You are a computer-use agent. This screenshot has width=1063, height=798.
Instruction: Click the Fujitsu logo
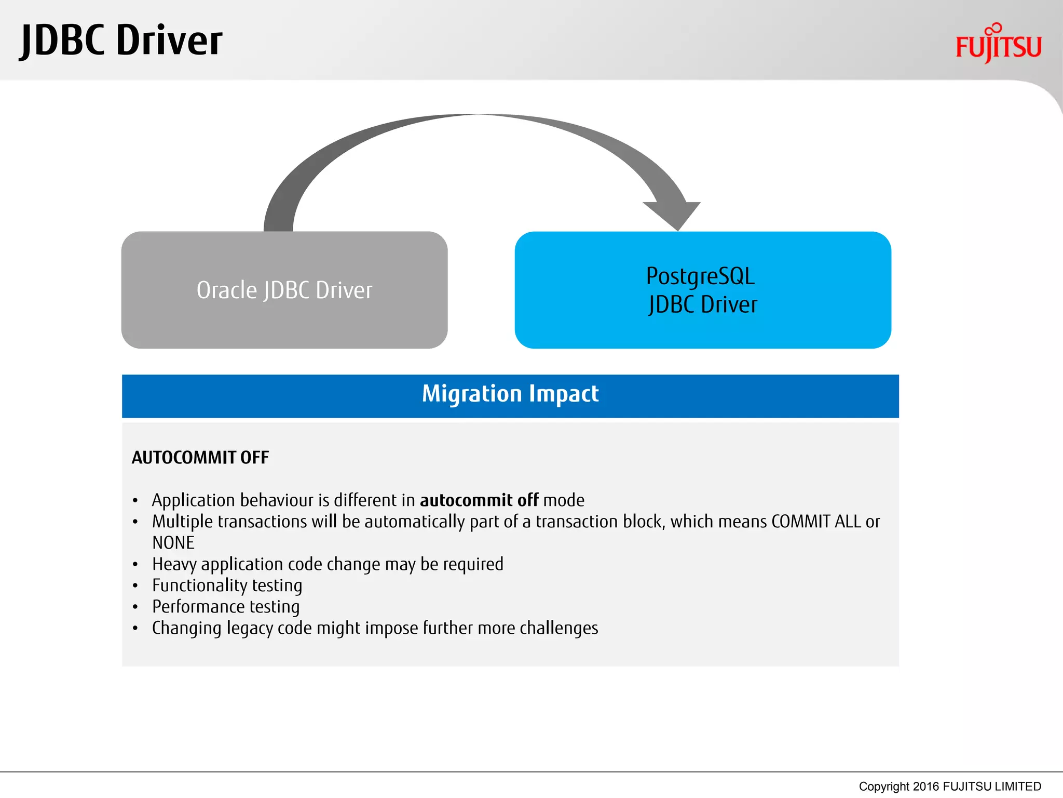[x=998, y=45]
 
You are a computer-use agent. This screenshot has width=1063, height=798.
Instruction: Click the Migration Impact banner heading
[x=510, y=394]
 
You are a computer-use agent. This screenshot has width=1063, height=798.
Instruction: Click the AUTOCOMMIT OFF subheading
[x=200, y=458]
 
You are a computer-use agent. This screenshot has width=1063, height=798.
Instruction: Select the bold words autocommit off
[x=479, y=500]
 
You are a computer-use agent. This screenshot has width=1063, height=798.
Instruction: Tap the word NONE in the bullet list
[x=173, y=543]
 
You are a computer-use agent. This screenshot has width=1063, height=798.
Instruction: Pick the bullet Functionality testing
[x=227, y=586]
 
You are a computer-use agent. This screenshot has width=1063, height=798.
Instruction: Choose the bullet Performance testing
[x=226, y=607]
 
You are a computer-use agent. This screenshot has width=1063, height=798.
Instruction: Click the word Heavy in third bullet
[x=174, y=564]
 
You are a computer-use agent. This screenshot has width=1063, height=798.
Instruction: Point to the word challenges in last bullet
[x=559, y=628]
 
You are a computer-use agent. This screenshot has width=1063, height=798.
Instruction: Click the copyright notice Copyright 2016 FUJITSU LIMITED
[x=950, y=787]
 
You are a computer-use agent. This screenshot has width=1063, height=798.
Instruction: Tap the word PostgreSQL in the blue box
[x=700, y=276]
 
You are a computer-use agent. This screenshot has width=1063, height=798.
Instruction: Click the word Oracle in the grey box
[x=226, y=290]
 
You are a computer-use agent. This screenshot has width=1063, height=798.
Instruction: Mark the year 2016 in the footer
[x=926, y=787]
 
